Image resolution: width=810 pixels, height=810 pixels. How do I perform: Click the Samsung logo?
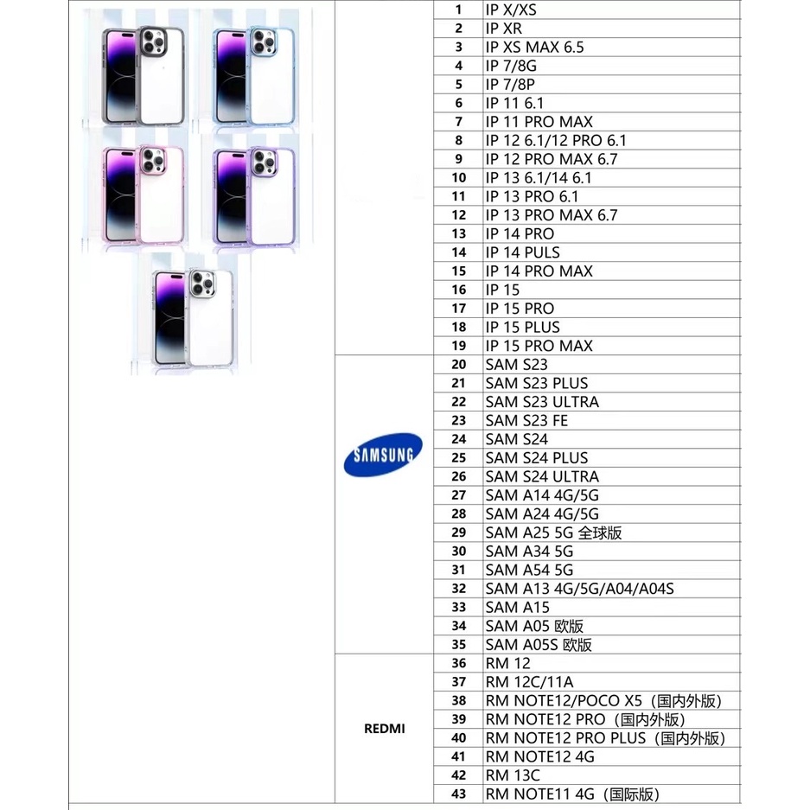click(x=383, y=455)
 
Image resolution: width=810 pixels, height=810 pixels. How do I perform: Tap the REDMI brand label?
click(x=385, y=729)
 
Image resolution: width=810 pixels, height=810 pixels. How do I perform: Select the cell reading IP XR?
click(x=504, y=29)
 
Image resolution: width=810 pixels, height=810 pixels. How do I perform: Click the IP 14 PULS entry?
click(x=522, y=252)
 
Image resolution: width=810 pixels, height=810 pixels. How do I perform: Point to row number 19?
click(x=459, y=346)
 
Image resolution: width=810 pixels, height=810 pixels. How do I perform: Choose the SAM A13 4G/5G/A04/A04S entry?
click(x=579, y=589)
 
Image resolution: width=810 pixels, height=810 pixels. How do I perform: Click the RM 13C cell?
click(x=513, y=775)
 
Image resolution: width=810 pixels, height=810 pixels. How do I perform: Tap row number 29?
click(x=459, y=533)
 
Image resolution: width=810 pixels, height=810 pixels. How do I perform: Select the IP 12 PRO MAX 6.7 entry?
click(x=552, y=159)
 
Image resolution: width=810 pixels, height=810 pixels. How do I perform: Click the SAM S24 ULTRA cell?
click(x=542, y=476)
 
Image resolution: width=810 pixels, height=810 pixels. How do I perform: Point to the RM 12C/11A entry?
click(x=529, y=682)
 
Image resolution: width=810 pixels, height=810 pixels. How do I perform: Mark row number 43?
click(x=459, y=794)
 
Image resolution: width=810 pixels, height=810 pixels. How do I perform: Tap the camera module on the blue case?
click(x=264, y=41)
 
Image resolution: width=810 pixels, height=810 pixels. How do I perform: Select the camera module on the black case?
click(x=153, y=41)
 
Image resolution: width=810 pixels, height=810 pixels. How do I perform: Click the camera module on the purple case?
click(x=264, y=163)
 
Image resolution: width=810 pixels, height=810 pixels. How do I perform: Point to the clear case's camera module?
click(x=202, y=284)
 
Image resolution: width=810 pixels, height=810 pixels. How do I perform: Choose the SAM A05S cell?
click(x=539, y=645)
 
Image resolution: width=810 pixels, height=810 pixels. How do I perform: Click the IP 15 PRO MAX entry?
click(x=539, y=346)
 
